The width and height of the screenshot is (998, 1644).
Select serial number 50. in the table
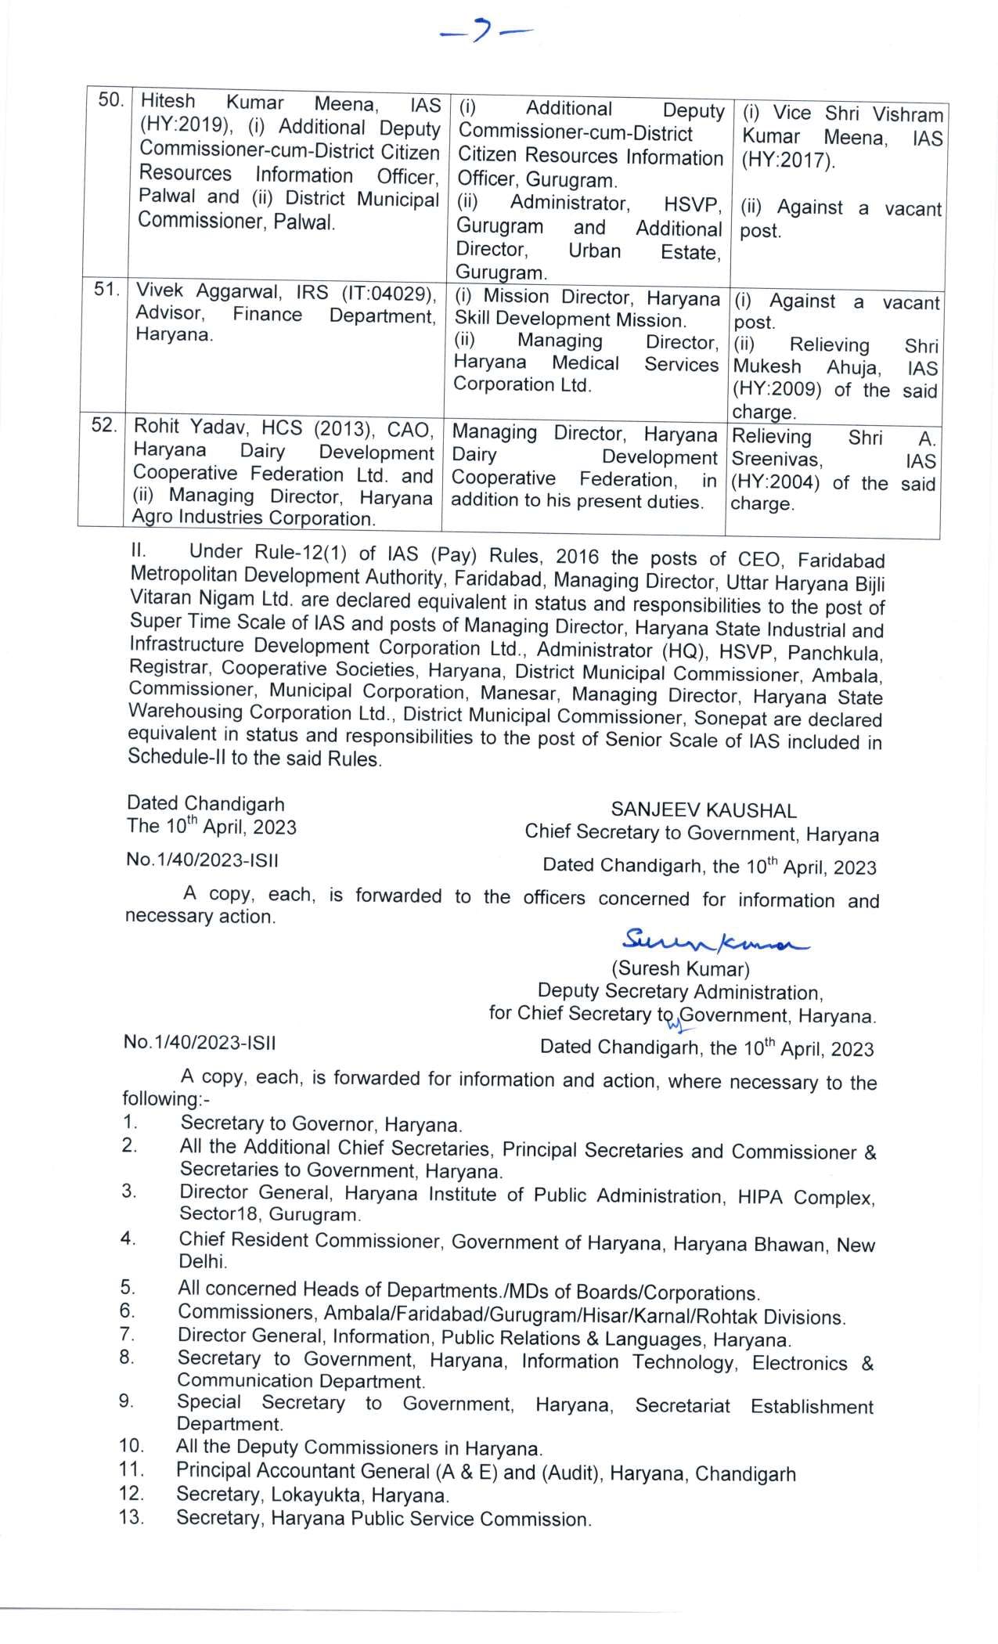tap(110, 100)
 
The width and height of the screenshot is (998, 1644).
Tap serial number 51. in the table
tap(106, 290)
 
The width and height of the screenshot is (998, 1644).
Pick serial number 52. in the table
tap(104, 426)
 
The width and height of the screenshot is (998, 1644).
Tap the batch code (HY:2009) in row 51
tap(777, 390)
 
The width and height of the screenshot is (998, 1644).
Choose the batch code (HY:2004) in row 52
tap(775, 483)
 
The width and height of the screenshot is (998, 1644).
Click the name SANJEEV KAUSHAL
tap(704, 810)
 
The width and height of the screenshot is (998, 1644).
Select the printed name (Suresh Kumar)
tap(680, 969)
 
